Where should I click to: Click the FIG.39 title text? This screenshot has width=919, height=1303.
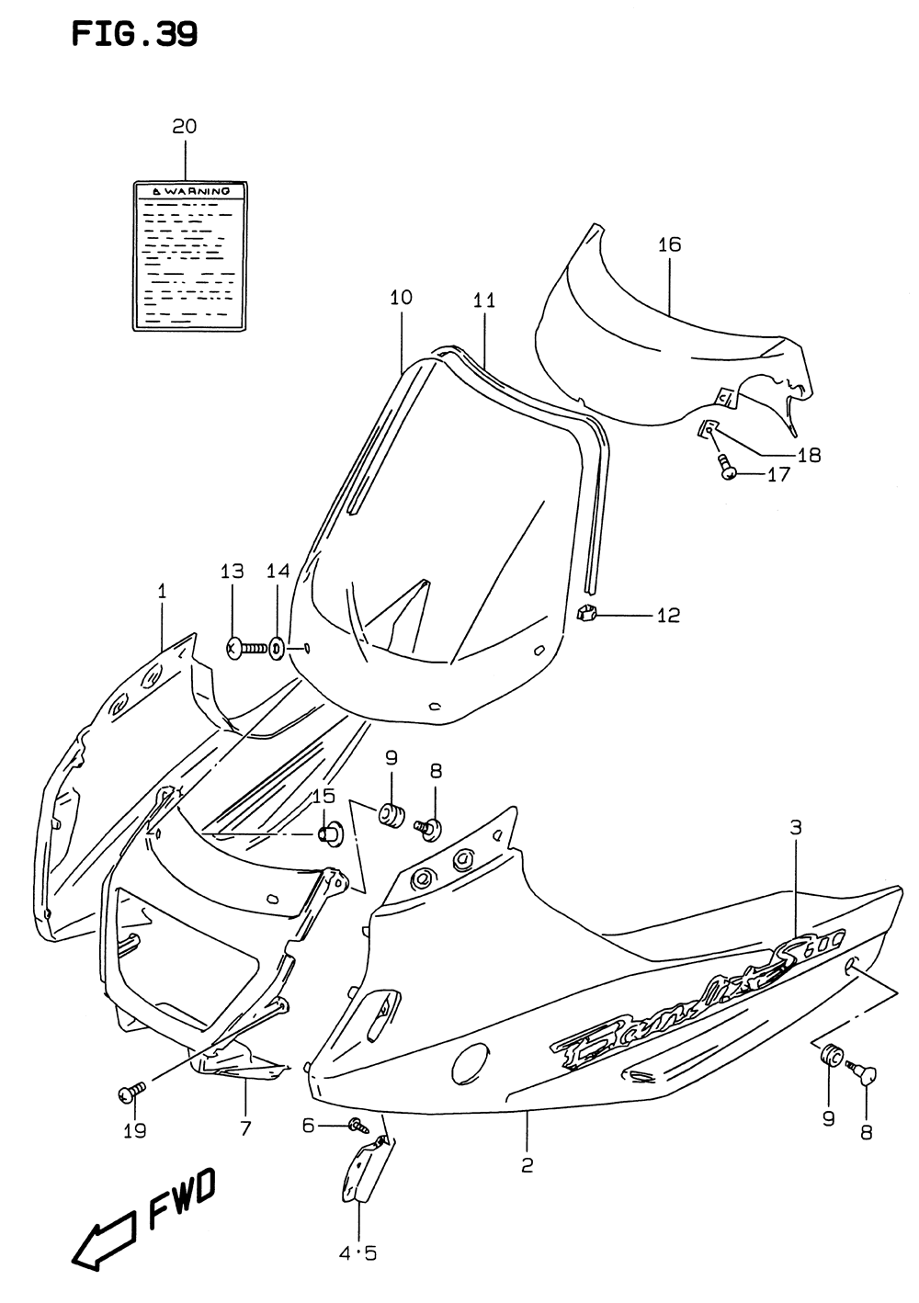point(134,35)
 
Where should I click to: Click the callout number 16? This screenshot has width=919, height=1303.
point(669,244)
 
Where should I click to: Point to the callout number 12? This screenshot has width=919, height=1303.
point(668,615)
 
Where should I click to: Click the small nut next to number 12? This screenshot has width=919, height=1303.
point(586,613)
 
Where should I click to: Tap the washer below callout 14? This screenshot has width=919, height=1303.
point(277,649)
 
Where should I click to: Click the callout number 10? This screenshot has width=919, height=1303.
point(401,298)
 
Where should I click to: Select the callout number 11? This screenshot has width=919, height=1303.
point(484,300)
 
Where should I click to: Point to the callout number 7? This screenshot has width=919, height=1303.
point(245,1129)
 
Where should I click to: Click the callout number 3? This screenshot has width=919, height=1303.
point(795,828)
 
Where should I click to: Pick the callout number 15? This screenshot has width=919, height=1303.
point(323,796)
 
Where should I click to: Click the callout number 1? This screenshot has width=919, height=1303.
point(162,593)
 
